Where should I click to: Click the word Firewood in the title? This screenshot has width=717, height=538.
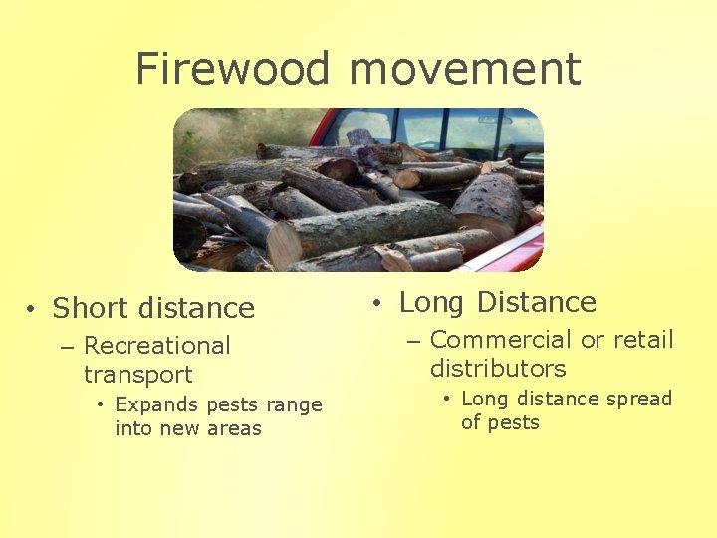(232, 69)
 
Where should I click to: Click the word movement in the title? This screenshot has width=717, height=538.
(465, 69)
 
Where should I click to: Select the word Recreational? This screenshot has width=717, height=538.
(157, 346)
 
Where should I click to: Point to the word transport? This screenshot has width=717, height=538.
(137, 375)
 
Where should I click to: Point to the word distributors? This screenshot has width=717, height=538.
(498, 369)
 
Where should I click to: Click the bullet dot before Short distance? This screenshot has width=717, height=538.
(33, 309)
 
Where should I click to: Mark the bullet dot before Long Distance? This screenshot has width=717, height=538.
(379, 303)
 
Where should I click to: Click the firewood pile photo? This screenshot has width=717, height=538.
(358, 189)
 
